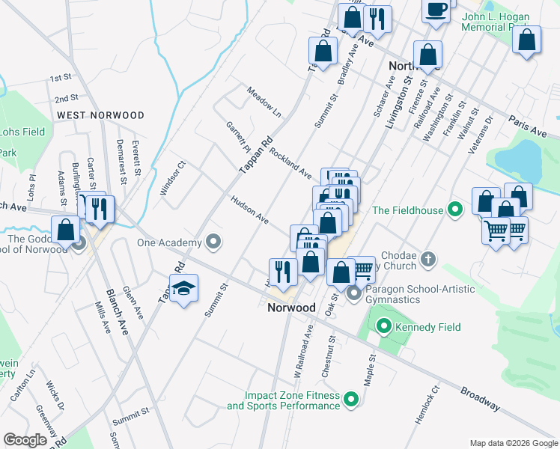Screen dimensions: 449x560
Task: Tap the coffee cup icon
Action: (x=436, y=10)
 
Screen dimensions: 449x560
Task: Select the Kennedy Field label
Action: (x=427, y=327)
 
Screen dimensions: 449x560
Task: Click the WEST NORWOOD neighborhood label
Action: (x=100, y=115)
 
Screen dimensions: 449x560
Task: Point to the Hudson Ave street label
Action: (x=250, y=210)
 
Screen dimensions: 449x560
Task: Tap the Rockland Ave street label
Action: (x=290, y=162)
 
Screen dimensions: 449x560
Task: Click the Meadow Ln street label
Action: (x=265, y=101)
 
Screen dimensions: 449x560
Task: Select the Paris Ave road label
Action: (x=527, y=126)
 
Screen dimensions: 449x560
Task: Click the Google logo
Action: (x=25, y=440)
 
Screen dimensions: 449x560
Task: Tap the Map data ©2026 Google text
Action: (x=513, y=442)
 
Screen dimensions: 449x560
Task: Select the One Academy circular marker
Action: (x=213, y=242)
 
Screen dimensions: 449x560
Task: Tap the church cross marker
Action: (x=427, y=259)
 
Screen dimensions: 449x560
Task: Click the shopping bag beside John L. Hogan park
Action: (x=526, y=41)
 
